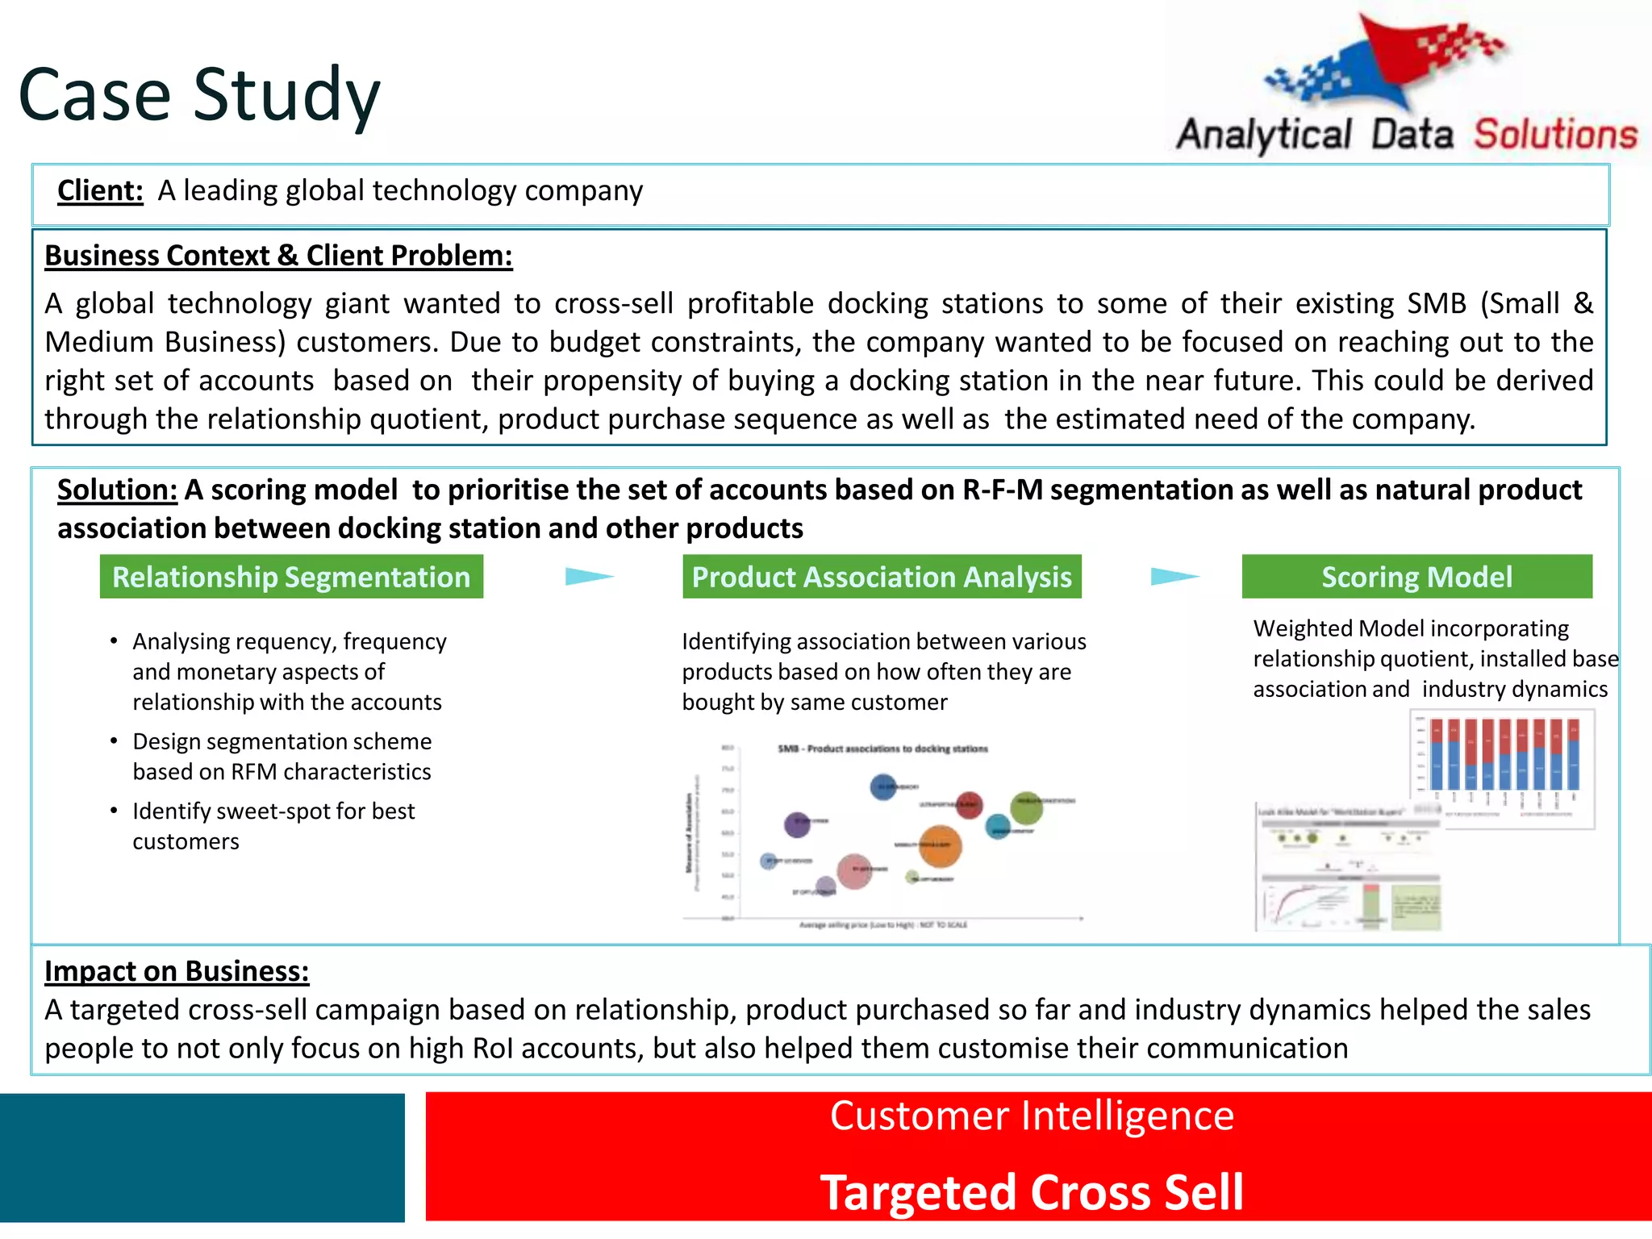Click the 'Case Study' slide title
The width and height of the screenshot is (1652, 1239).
click(x=198, y=95)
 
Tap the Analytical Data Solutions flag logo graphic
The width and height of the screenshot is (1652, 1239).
click(x=1384, y=65)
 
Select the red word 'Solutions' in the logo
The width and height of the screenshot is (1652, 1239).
click(x=1555, y=135)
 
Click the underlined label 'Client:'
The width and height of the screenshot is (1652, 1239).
click(x=100, y=191)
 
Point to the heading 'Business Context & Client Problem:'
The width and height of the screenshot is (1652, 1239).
click(x=278, y=256)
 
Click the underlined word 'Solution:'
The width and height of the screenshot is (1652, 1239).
click(x=117, y=490)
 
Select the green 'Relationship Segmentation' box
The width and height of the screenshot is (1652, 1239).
click(x=291, y=577)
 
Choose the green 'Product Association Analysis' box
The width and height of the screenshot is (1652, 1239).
click(x=882, y=577)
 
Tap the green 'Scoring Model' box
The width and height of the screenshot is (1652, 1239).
click(x=1416, y=577)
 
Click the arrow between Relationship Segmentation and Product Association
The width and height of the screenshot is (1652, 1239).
click(x=589, y=576)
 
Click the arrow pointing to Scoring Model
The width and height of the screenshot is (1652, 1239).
click(x=1174, y=576)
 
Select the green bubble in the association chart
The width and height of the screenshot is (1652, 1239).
click(x=1026, y=807)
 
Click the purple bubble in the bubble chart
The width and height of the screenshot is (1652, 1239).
click(x=797, y=824)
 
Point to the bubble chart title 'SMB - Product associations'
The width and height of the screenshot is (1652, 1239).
click(x=882, y=749)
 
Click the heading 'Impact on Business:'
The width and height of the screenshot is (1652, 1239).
click(x=177, y=971)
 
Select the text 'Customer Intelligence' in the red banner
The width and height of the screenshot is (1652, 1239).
click(x=1032, y=1116)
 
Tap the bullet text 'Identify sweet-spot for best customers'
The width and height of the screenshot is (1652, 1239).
click(x=273, y=826)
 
